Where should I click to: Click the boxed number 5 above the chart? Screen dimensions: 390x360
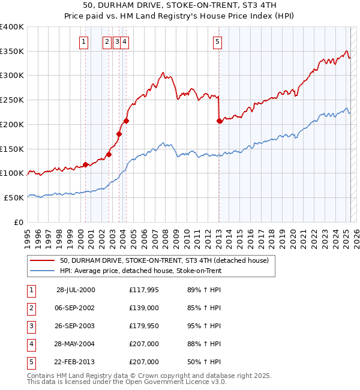[x=217, y=41]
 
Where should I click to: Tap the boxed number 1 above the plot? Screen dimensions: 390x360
[x=83, y=41]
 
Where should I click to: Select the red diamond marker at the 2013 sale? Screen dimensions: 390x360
[x=219, y=121]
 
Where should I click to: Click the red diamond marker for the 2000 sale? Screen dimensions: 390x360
[x=86, y=164]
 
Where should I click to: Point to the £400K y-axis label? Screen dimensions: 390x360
[x=12, y=27]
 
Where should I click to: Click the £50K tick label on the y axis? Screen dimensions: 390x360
[x=14, y=197]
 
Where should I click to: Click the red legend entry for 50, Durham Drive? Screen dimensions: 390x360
[x=167, y=260]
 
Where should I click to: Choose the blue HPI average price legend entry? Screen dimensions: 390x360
[x=140, y=271]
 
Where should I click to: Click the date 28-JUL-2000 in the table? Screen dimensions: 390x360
[x=76, y=290]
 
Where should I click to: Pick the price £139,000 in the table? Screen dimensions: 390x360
[x=143, y=308]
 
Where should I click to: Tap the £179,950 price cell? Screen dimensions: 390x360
[x=143, y=326]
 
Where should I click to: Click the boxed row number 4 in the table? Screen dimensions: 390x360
[x=31, y=344]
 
